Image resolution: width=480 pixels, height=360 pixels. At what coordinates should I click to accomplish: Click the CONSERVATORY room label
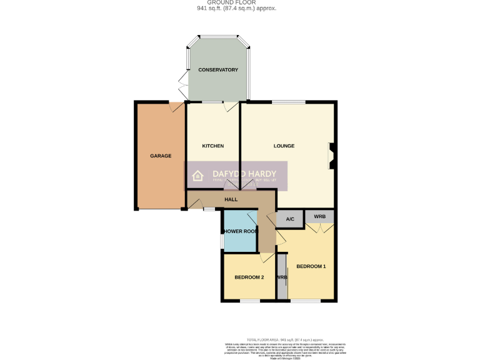(218, 70)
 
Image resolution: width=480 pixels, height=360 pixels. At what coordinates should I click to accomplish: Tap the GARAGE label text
(160, 156)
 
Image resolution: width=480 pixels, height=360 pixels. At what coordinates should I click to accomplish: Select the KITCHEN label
(212, 146)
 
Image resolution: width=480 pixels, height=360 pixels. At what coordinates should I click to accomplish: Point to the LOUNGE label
(284, 146)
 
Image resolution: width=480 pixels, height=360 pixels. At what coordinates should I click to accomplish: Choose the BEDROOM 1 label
(311, 266)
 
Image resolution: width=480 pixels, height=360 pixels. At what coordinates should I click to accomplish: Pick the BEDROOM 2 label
(249, 277)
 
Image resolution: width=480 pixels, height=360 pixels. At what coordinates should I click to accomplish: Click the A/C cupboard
(290, 219)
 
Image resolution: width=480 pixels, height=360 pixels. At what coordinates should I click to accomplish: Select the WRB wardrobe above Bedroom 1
(319, 217)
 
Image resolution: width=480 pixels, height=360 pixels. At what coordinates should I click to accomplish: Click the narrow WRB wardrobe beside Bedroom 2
(282, 277)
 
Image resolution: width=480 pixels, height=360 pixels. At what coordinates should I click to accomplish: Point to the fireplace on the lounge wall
(332, 156)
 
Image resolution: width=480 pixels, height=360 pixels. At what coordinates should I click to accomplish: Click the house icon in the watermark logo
(197, 176)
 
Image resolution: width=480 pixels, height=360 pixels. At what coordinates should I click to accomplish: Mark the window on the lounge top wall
(288, 101)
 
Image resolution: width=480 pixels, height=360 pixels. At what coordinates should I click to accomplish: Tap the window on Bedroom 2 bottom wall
(250, 301)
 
